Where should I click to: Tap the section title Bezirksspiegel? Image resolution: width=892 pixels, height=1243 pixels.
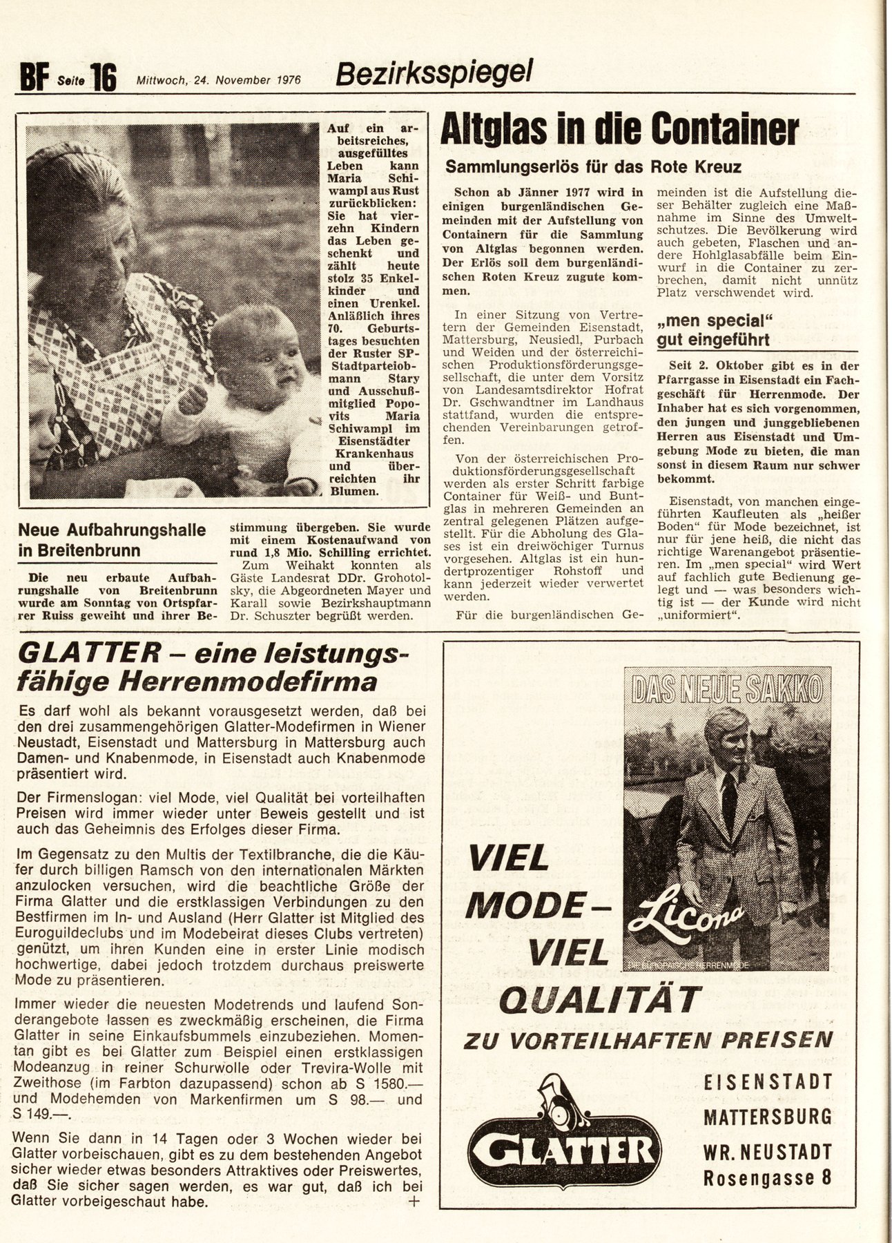click(x=434, y=73)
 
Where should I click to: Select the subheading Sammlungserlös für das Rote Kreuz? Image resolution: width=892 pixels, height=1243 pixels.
click(x=593, y=166)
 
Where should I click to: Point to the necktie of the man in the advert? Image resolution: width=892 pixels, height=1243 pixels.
click(x=729, y=801)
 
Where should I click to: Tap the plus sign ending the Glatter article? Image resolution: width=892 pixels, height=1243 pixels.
click(x=414, y=1201)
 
